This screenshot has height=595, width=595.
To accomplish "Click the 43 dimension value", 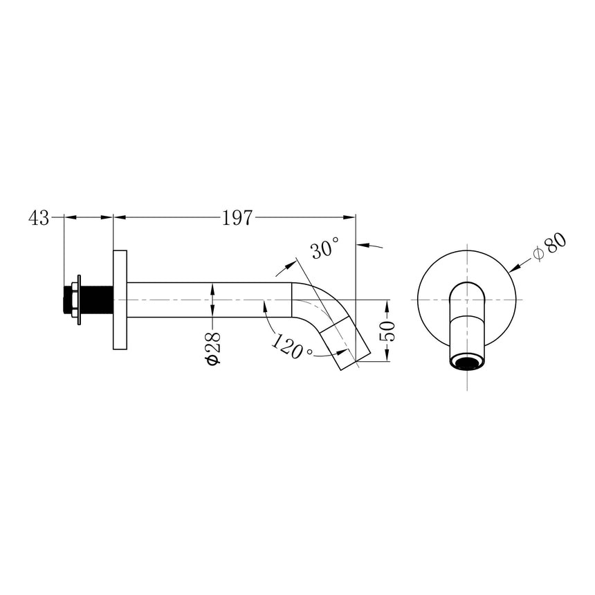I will [x=39, y=218].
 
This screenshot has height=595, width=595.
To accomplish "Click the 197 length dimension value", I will [x=237, y=218].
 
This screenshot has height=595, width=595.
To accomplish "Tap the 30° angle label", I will [x=324, y=248].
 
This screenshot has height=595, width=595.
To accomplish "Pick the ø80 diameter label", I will [x=551, y=247].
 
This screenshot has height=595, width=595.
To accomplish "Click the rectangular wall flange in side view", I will [x=119, y=300].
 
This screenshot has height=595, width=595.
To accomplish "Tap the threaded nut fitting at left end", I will [x=73, y=300].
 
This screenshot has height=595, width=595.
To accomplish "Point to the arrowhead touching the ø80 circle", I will [x=512, y=268].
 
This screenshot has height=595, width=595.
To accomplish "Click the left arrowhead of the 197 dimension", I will [x=118, y=217].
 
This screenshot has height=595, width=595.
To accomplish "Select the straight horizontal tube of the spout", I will [x=208, y=300].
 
